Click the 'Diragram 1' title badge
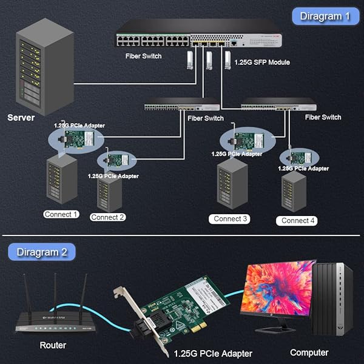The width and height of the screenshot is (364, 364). pos(326,16)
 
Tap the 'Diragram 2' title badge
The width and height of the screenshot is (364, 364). pos(38,251)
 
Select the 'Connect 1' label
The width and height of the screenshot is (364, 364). pos(61,214)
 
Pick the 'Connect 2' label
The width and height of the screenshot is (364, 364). pos(108,217)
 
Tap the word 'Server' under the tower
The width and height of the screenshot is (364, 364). pos(21,117)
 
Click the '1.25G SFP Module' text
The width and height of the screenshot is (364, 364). pos(262,62)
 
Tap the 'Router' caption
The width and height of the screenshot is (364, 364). pos(53,345)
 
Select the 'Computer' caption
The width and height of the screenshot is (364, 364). pos(309,352)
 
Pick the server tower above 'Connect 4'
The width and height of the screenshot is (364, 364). pos(294,190)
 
